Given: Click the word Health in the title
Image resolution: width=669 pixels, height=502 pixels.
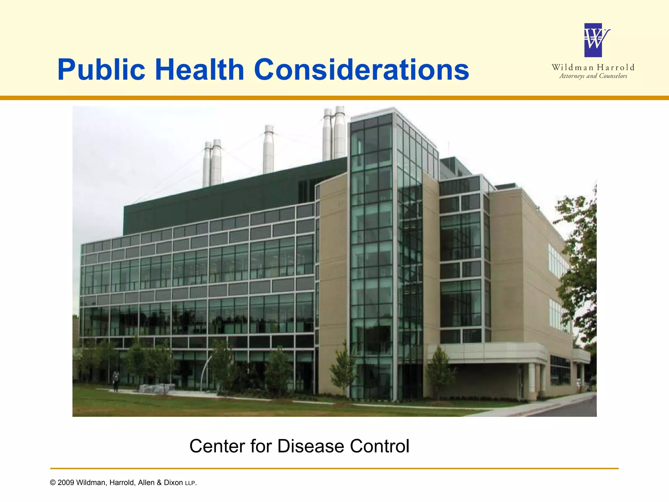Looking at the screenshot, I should (x=200, y=70).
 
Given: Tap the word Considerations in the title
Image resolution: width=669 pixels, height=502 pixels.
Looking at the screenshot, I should (x=361, y=70).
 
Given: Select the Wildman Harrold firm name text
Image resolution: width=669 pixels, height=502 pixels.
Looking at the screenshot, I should (x=593, y=68).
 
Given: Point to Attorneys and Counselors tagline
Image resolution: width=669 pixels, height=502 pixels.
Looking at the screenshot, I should (x=593, y=76).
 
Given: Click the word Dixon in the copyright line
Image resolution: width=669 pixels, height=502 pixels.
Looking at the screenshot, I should (x=173, y=483).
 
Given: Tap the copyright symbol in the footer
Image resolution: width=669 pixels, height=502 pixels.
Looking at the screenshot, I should (x=53, y=483).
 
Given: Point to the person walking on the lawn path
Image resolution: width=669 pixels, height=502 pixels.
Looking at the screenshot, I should (x=116, y=381).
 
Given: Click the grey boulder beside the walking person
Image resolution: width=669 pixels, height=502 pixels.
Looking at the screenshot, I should (x=156, y=389).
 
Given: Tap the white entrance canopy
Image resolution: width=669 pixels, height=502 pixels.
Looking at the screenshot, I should (x=487, y=351).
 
